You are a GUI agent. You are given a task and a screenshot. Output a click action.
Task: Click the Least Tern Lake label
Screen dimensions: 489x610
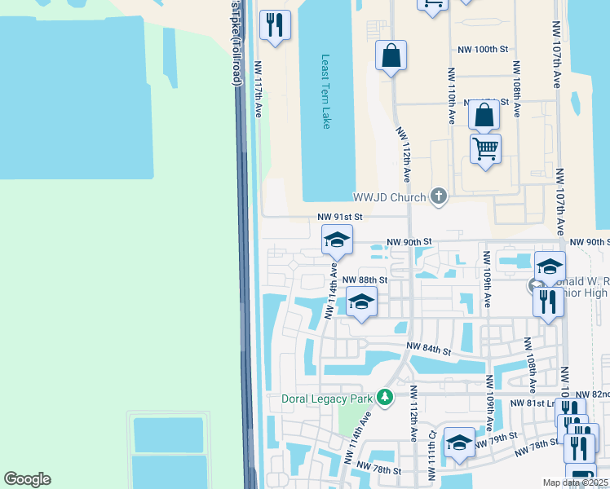tap(325, 92)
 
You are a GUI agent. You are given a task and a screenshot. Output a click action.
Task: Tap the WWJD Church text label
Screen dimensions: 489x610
tap(389, 197)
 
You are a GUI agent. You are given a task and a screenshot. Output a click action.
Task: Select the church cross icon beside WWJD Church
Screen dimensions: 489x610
tap(440, 196)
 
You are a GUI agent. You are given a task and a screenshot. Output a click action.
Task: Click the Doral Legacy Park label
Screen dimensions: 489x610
tap(327, 399)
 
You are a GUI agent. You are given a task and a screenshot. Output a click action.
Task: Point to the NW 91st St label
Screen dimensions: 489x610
tap(339, 217)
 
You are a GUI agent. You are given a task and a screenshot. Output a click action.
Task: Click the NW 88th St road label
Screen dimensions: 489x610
tap(364, 279)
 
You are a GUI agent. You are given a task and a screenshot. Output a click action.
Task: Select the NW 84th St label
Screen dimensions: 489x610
tap(430, 350)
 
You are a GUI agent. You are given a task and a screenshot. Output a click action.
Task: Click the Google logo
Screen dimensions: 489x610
tap(27, 479)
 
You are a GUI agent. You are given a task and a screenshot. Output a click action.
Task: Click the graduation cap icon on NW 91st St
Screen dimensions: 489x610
tap(336, 240)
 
